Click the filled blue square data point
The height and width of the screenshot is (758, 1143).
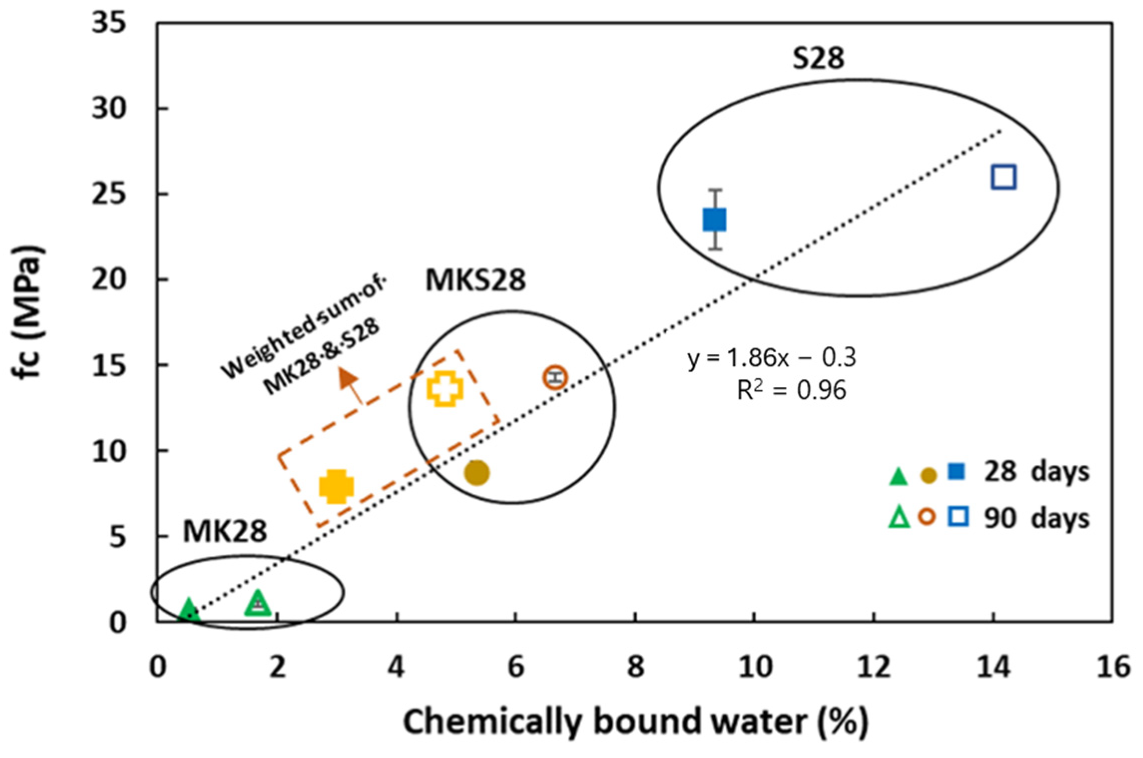pos(714,220)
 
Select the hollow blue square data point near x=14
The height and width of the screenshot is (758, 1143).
pos(1004,177)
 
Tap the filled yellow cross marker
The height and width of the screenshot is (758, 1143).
pos(336,486)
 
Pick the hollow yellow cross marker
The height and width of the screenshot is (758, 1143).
pos(445,389)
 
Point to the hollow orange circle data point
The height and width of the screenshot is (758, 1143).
pos(555,377)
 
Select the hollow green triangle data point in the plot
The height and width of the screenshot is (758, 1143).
pos(258,603)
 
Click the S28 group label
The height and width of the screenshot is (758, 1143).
pos(818,58)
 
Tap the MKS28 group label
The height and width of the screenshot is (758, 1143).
pos(475,280)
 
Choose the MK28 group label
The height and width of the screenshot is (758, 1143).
pos(225,531)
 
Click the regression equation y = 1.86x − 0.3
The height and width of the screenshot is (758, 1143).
pos(771,358)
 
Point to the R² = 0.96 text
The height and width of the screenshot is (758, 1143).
pos(791,390)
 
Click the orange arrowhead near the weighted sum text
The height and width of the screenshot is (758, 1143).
pos(347,378)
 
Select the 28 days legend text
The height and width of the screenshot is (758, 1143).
pos(1036,472)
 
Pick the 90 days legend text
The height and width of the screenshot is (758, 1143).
pos(1036,519)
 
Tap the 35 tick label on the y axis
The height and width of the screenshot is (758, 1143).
pos(109,23)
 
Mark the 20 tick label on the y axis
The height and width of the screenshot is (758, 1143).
pos(109,279)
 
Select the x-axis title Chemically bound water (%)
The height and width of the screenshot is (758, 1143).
pos(635,722)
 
